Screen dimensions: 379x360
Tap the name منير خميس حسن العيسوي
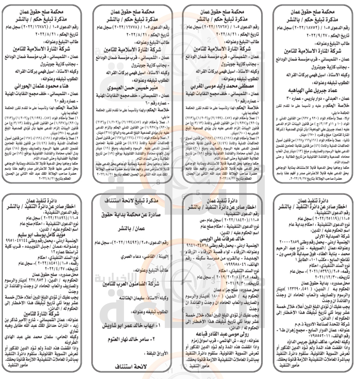point(132,88)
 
